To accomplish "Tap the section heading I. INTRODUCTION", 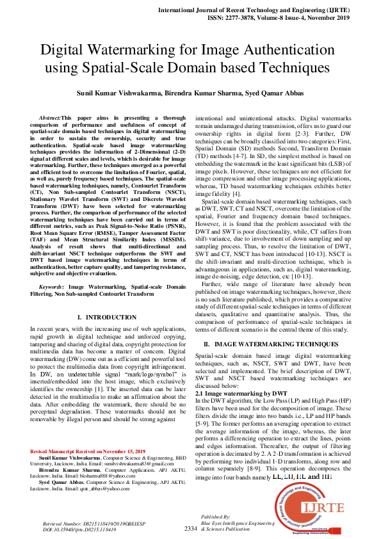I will (106, 318).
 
